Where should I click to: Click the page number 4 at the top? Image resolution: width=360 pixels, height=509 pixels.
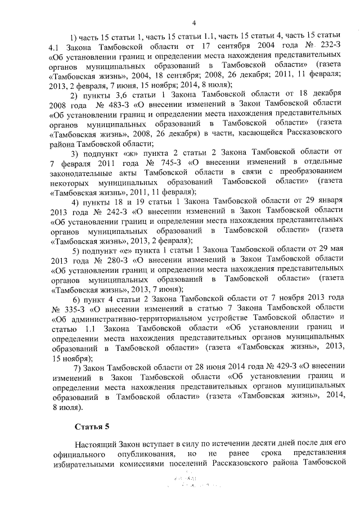click(193, 23)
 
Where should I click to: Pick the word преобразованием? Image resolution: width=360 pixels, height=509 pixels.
click(312, 172)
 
